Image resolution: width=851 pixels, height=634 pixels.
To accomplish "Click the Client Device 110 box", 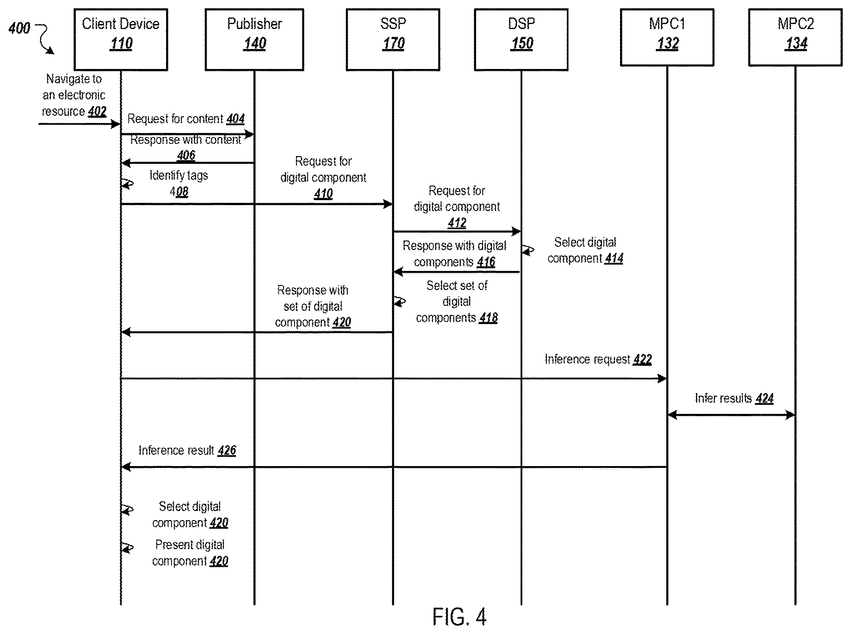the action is [x=121, y=39].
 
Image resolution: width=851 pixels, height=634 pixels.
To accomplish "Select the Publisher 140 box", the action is [x=254, y=39].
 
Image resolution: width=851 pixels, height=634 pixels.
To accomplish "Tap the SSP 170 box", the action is [x=393, y=39].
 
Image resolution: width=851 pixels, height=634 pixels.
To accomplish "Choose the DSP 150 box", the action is [x=521, y=39].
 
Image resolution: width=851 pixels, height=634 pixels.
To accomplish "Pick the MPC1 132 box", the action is [x=667, y=37].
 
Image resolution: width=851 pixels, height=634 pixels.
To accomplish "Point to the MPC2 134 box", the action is [x=795, y=37].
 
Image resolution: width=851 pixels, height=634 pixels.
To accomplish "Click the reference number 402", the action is [x=97, y=112].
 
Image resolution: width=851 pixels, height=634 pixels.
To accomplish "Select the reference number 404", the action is [x=236, y=119].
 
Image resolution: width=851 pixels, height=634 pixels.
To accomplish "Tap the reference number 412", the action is [x=457, y=223].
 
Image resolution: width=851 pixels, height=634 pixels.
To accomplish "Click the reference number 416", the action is [x=486, y=262].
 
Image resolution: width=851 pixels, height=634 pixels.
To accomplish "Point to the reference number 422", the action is [x=643, y=359].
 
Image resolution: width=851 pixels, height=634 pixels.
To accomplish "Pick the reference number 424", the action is [x=764, y=398].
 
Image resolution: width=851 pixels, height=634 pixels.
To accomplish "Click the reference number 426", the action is [x=227, y=450].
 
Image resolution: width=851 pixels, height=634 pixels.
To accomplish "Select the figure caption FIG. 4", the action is [x=459, y=617].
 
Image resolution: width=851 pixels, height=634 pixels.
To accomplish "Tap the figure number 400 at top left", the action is [x=19, y=28].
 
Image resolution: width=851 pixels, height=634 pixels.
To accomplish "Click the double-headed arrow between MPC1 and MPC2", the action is [x=731, y=414].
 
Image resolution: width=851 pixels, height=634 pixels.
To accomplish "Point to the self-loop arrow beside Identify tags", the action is [x=128, y=183].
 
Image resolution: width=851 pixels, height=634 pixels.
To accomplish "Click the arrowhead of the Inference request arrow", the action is [x=662, y=378].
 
